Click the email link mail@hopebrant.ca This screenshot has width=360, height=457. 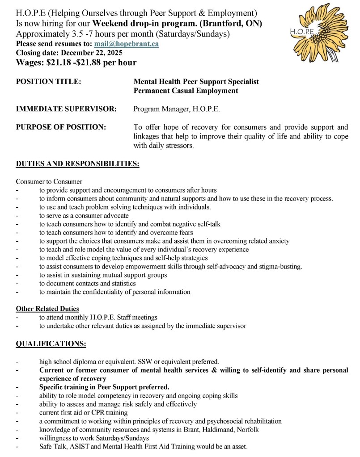point(126,44)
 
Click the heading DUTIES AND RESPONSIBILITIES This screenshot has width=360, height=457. point(77,164)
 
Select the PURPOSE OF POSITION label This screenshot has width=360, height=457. point(61,127)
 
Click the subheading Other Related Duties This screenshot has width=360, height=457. point(47,309)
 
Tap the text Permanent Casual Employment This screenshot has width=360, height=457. point(186,91)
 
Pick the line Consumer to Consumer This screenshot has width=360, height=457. point(49,181)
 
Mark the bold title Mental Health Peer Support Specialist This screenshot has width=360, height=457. point(196,82)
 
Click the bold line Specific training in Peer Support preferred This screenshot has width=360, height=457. point(104,387)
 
